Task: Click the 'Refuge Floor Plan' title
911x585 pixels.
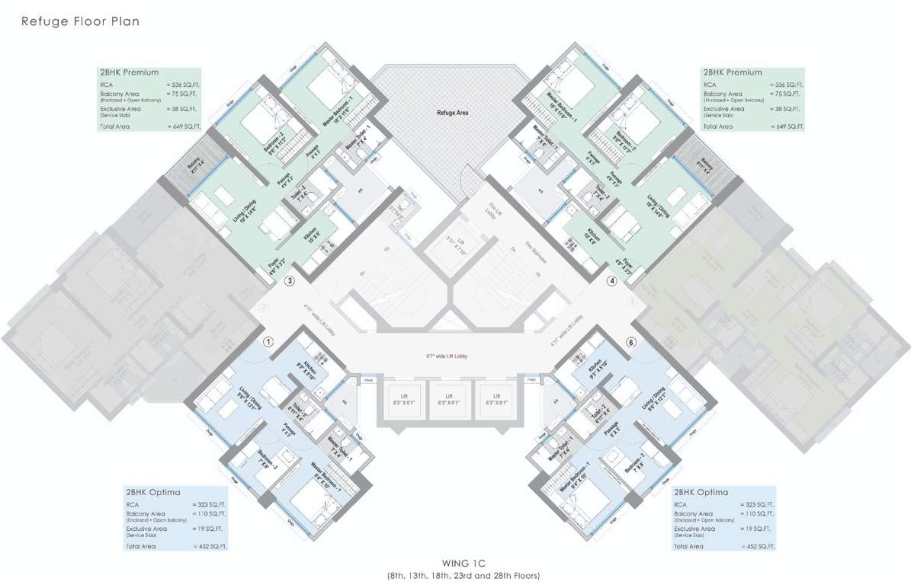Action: click(x=79, y=22)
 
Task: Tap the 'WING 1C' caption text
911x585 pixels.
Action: click(x=455, y=563)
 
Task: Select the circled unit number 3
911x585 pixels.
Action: click(x=289, y=281)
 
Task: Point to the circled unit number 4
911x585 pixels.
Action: click(x=611, y=281)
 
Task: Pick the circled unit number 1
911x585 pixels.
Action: click(x=268, y=342)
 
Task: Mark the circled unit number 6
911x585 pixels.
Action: click(x=630, y=342)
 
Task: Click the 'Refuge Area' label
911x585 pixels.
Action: click(x=452, y=113)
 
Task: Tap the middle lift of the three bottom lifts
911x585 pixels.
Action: click(x=450, y=400)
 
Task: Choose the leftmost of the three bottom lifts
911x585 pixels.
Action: click(x=403, y=400)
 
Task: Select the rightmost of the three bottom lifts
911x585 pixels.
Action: click(x=496, y=400)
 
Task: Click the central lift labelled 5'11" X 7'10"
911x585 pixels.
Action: click(x=451, y=246)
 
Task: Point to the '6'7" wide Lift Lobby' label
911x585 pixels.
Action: click(x=450, y=356)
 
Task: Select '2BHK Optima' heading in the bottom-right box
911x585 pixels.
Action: click(x=700, y=492)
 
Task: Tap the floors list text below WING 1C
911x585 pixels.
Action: click(x=455, y=575)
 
